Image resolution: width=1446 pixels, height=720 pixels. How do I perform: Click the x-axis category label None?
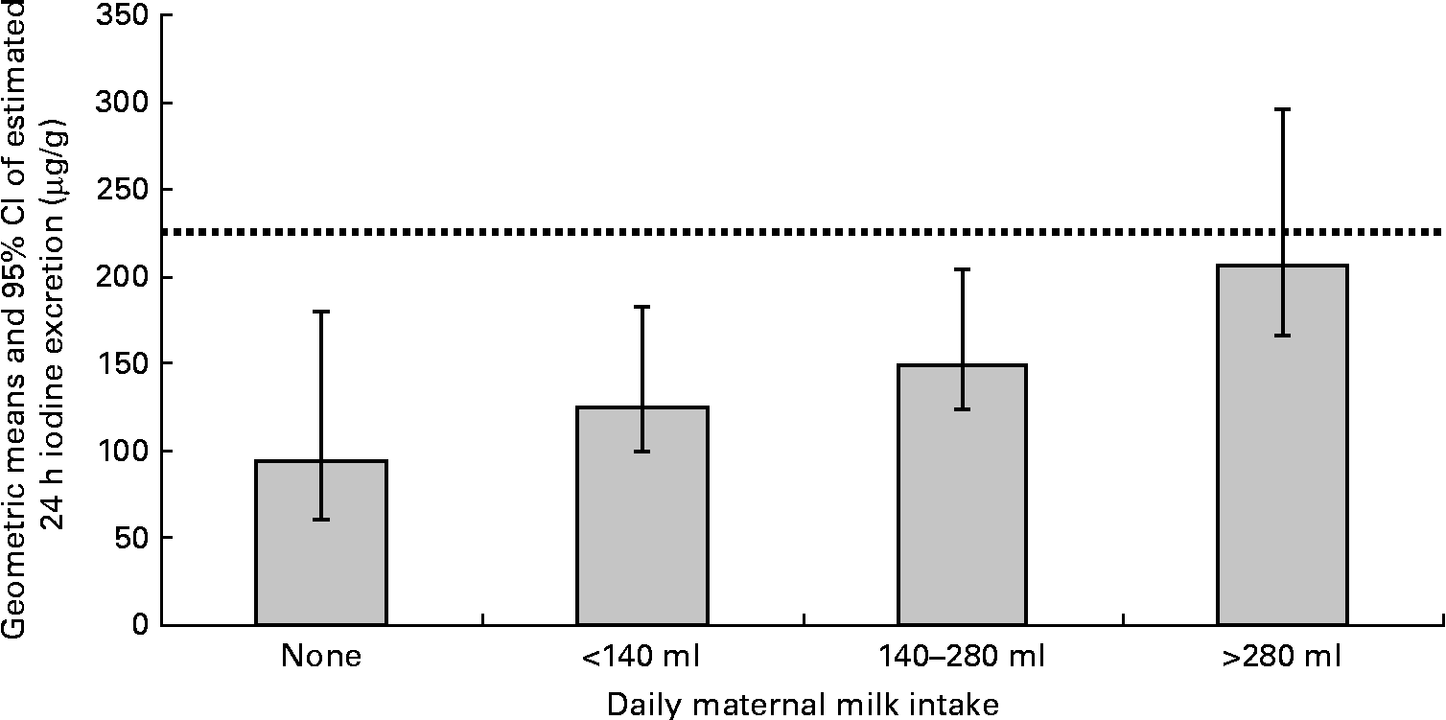click(321, 658)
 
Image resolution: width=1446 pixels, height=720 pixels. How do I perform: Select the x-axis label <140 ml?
click(641, 658)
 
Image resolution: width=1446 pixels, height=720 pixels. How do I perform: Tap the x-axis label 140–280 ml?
click(962, 658)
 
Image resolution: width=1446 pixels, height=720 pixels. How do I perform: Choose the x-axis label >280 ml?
click(1282, 658)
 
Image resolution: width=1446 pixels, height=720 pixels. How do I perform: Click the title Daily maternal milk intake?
click(803, 705)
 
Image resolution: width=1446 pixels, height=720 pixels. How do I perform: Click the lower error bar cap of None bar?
click(321, 519)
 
